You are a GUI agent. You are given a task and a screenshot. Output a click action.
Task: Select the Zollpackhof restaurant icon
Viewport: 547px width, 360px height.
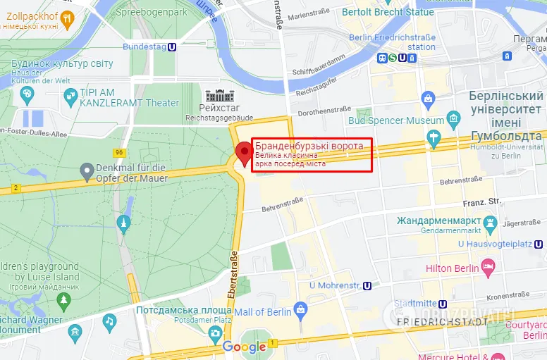coord(67,19)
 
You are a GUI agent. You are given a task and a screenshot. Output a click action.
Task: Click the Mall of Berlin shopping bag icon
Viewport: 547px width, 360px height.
coord(301,309)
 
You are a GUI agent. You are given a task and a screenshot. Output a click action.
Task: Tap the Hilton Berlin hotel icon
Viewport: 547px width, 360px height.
coord(488,266)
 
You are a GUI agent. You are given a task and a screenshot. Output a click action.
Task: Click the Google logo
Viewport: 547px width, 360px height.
coord(244,346)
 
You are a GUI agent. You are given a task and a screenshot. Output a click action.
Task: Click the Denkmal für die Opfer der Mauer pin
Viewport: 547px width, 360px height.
coord(87,170)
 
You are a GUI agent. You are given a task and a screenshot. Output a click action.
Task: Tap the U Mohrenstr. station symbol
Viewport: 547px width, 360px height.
coord(367,286)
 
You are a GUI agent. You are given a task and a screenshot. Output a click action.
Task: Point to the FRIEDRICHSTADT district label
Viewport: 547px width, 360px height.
coord(443,321)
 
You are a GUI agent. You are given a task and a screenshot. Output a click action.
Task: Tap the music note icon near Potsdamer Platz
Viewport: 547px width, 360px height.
coord(109,321)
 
